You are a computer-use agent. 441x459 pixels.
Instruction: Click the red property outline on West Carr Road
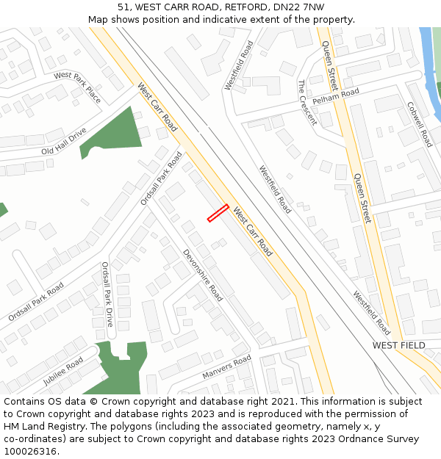pyautogui.click(x=218, y=213)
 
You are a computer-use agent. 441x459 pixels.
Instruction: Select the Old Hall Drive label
pyautogui.click(x=64, y=141)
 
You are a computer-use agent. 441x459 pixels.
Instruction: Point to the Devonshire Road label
pyautogui.click(x=202, y=275)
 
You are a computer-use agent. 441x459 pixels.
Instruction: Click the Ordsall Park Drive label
pyautogui.click(x=107, y=294)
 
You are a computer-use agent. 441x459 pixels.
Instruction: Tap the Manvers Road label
pyautogui.click(x=226, y=368)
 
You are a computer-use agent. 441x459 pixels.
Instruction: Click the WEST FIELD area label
pyautogui.click(x=398, y=345)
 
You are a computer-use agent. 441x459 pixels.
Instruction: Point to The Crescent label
pyautogui.click(x=307, y=103)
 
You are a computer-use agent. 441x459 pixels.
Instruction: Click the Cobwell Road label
pyautogui.click(x=420, y=124)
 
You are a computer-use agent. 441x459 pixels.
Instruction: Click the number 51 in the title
pyautogui.click(x=123, y=7)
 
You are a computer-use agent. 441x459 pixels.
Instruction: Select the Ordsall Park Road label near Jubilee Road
pyautogui.click(x=36, y=302)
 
